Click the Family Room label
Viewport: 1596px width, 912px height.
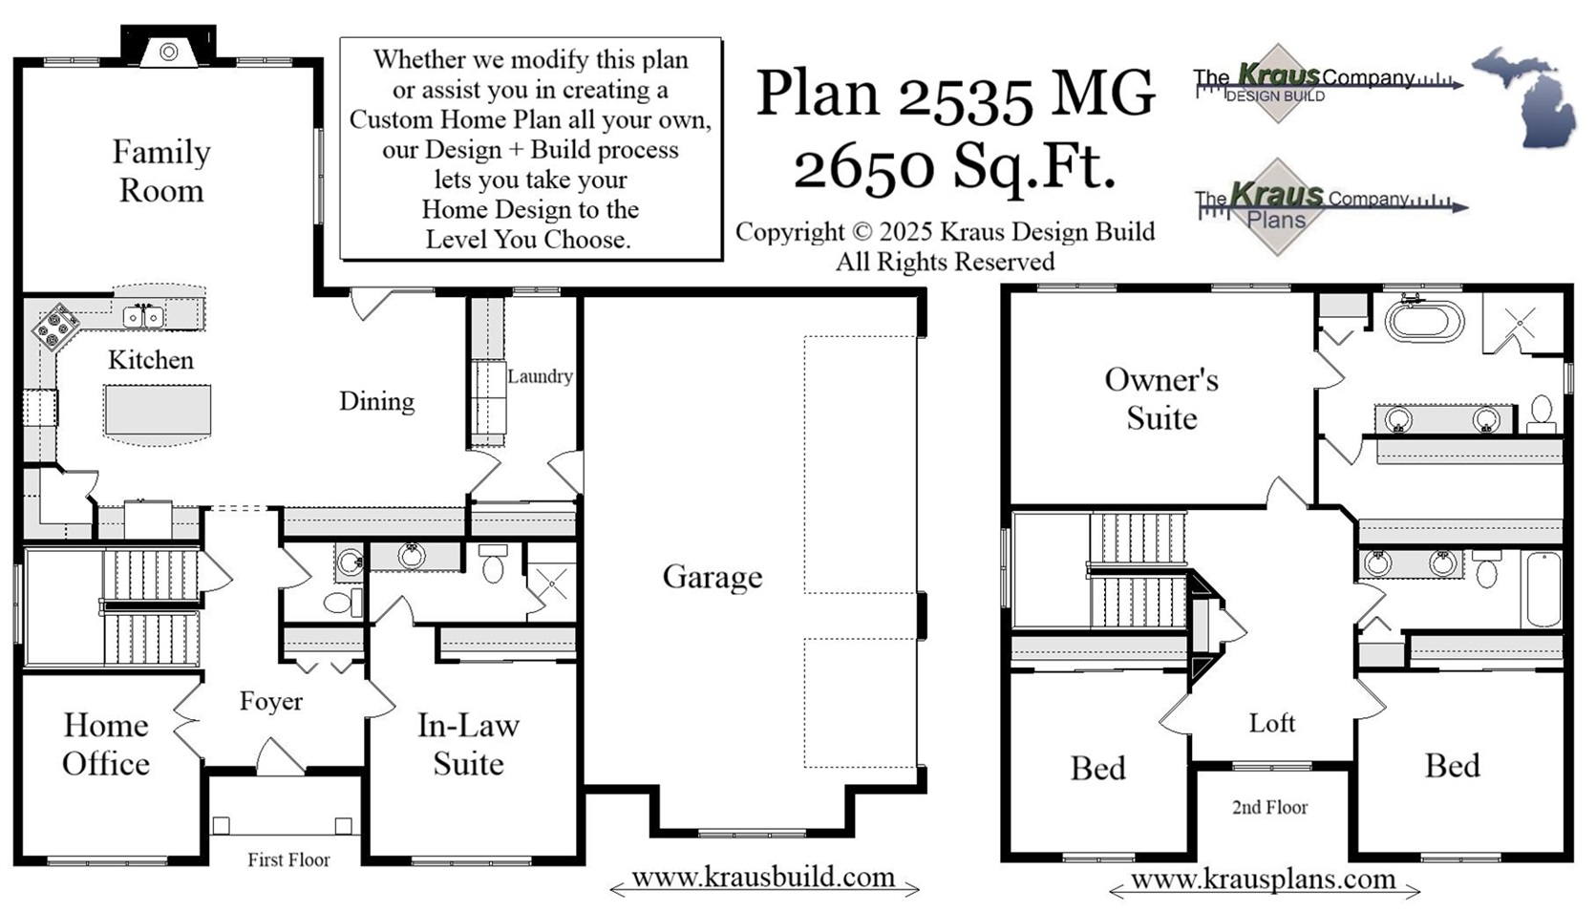(x=160, y=171)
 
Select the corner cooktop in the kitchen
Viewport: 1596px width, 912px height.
(x=56, y=326)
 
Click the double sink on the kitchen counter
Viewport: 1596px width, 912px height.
(x=143, y=316)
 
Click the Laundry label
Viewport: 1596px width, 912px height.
(x=540, y=376)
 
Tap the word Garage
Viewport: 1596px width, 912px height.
(x=712, y=577)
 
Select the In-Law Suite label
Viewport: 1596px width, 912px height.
(x=468, y=744)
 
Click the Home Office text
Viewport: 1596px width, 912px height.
(x=106, y=744)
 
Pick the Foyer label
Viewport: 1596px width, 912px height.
(x=270, y=701)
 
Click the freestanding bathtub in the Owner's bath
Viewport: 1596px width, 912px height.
(x=1424, y=322)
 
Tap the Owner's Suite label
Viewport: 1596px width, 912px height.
(x=1161, y=398)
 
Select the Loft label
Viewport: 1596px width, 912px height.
(x=1271, y=723)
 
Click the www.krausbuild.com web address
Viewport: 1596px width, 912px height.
(x=763, y=877)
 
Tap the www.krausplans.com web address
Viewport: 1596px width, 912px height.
(x=1263, y=879)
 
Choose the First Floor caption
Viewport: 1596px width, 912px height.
(x=288, y=859)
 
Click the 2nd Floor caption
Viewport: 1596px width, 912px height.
(x=1269, y=807)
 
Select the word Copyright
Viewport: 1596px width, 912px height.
(x=789, y=232)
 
